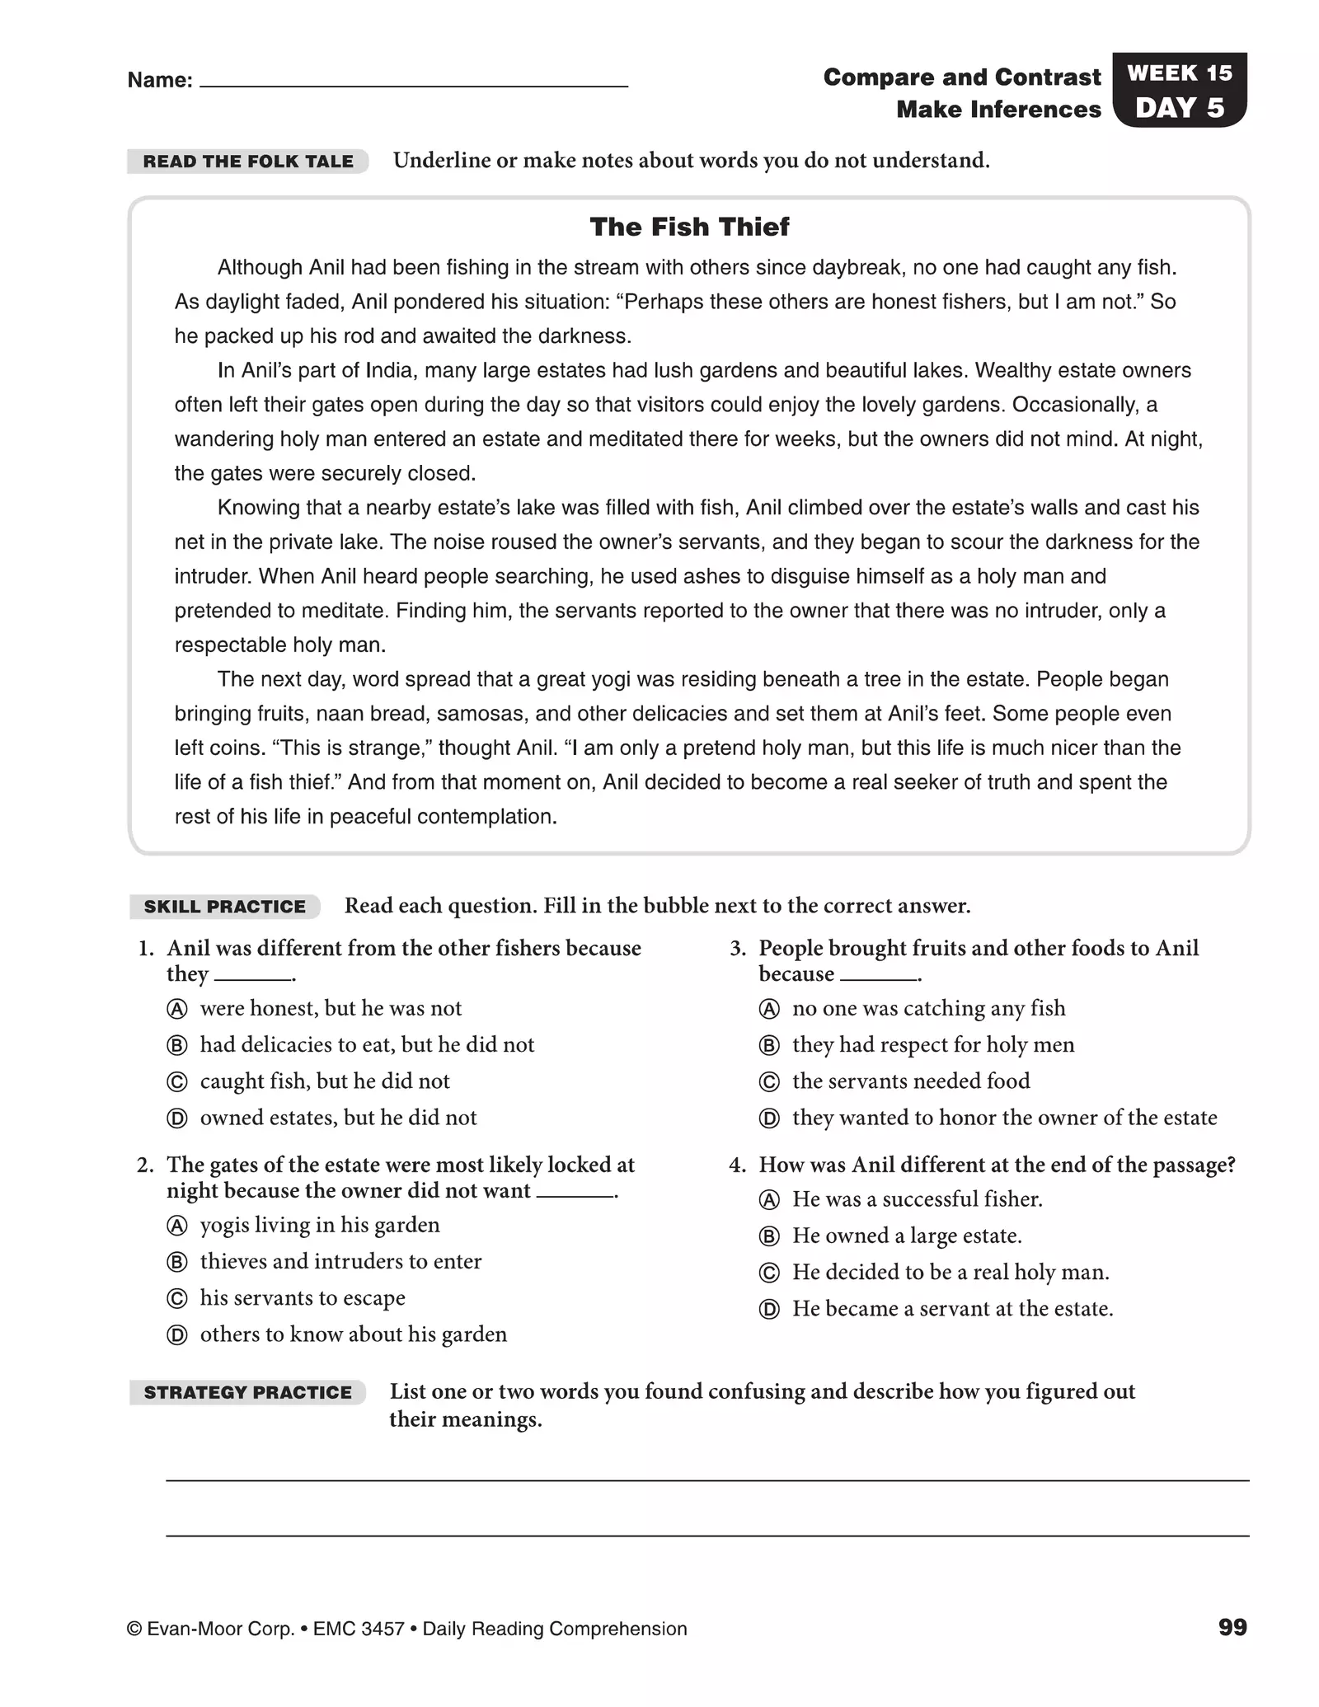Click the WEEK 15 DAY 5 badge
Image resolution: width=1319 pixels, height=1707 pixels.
coord(1179,90)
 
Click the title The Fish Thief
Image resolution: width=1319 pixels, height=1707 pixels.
coord(689,227)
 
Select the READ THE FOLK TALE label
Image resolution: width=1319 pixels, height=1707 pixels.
coord(248,162)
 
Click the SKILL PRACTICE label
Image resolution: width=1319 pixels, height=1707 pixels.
coord(224,907)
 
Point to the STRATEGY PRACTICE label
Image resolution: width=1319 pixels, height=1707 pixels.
coord(247,1392)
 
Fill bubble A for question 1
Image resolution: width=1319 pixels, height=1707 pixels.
coord(177,1009)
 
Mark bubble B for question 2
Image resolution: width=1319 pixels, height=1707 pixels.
coord(177,1262)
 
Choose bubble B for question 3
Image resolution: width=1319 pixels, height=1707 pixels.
coord(768,1045)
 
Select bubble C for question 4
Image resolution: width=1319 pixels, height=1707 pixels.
coord(768,1273)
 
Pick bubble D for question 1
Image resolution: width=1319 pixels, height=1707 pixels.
coord(177,1118)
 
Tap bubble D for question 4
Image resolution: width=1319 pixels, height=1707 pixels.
coord(768,1309)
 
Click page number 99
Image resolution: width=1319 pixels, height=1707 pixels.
coord(1232,1627)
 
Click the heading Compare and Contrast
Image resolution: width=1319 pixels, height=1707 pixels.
coord(961,77)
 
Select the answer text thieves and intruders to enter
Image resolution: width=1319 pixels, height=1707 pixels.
coord(340,1261)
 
